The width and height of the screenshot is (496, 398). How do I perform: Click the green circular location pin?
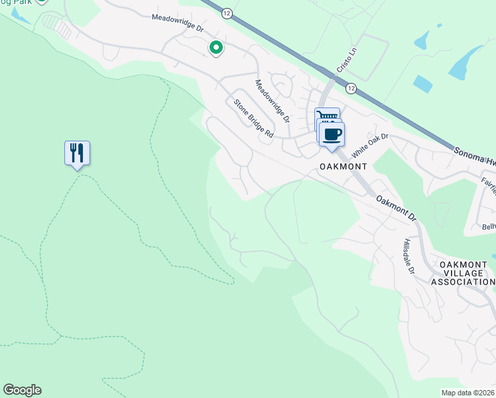(x=216, y=48)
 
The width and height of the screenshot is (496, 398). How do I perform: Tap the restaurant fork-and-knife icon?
(x=77, y=153)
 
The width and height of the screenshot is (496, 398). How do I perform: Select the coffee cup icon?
(x=332, y=134)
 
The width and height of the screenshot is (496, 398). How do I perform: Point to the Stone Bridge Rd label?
(x=253, y=118)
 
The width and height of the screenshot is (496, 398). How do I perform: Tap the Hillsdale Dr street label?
(x=408, y=257)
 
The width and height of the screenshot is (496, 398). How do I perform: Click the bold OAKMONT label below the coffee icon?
(x=340, y=166)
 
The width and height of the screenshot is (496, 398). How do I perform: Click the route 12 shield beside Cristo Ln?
(x=351, y=88)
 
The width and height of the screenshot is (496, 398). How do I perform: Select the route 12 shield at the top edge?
(x=227, y=13)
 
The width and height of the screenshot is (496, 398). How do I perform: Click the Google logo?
(x=22, y=390)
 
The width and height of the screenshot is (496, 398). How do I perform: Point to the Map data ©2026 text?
(x=467, y=393)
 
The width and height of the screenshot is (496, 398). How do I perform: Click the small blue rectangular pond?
(x=422, y=84)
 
